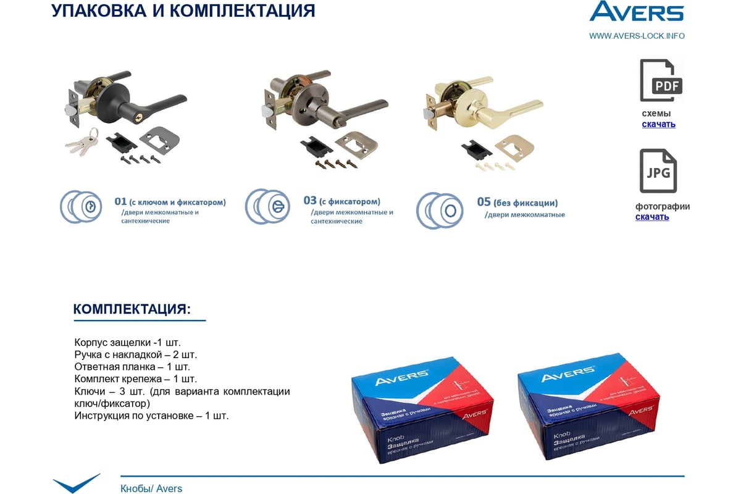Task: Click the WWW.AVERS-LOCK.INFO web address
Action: click(x=637, y=36)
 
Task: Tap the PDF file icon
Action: click(x=661, y=81)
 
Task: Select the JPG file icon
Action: click(x=658, y=171)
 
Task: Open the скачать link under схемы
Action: click(x=658, y=124)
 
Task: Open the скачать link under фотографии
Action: click(x=651, y=217)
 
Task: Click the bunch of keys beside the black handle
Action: click(x=82, y=142)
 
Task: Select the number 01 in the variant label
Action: click(x=120, y=201)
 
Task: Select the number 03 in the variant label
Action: click(x=310, y=201)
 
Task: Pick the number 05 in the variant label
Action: click(x=484, y=202)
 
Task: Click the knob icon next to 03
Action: click(x=268, y=206)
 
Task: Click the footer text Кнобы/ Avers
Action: click(x=151, y=488)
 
